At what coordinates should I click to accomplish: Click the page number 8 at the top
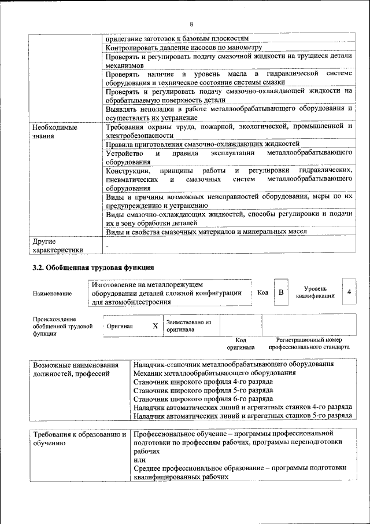point(191,24)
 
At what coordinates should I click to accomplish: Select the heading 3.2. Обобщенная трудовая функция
point(92,268)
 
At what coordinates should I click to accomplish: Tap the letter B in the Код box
point(281,292)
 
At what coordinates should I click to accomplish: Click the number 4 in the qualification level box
point(349,292)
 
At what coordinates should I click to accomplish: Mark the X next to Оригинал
point(155,326)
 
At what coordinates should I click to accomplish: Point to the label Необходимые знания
point(55,131)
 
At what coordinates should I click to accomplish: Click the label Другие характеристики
point(57,245)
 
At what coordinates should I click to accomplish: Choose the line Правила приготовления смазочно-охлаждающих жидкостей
point(202,143)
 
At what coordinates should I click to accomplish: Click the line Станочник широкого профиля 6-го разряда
point(203,398)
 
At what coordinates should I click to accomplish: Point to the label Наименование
point(53,294)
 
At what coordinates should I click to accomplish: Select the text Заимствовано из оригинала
point(188,325)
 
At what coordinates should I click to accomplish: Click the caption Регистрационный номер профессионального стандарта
point(309,343)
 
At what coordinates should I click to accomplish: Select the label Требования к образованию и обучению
point(79,438)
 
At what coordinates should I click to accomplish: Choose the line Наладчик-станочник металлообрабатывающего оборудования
point(233,365)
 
